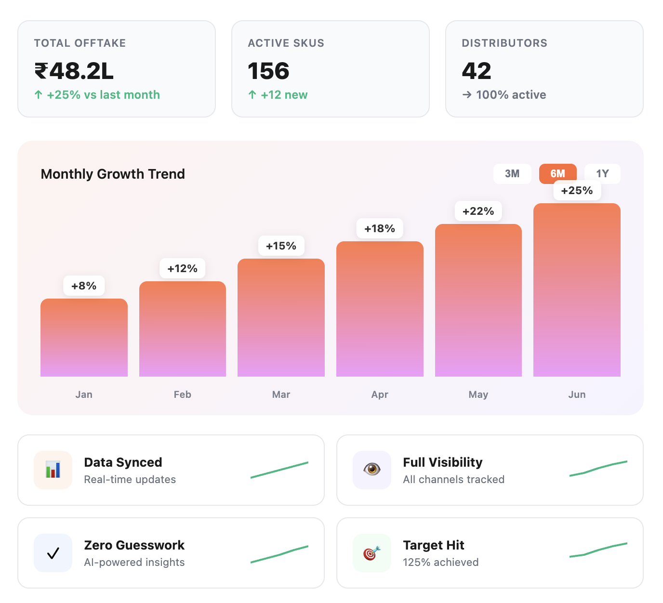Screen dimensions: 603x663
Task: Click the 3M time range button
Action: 512,174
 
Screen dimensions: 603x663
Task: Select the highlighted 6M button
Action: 557,174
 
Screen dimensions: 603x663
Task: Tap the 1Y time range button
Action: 602,174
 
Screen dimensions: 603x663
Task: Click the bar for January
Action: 84,338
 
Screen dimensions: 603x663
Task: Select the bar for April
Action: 380,309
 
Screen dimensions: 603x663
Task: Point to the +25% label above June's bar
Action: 577,191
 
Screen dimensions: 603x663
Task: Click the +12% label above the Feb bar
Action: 182,269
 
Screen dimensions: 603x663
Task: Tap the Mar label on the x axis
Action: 281,394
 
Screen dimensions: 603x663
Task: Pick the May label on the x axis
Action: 478,394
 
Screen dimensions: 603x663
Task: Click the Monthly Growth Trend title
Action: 113,174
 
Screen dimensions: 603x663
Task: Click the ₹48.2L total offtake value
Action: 74,71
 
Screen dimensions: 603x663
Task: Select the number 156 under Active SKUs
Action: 268,71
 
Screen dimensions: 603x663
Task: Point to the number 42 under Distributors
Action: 476,71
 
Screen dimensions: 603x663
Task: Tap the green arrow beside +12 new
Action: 252,95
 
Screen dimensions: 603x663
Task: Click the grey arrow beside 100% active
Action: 467,95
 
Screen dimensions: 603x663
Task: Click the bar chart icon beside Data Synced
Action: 53,470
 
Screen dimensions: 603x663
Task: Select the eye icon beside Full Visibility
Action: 371,470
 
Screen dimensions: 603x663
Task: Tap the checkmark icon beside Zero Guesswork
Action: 53,553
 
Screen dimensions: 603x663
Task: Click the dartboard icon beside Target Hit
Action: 371,553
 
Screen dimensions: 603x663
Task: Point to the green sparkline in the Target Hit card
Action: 598,550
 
